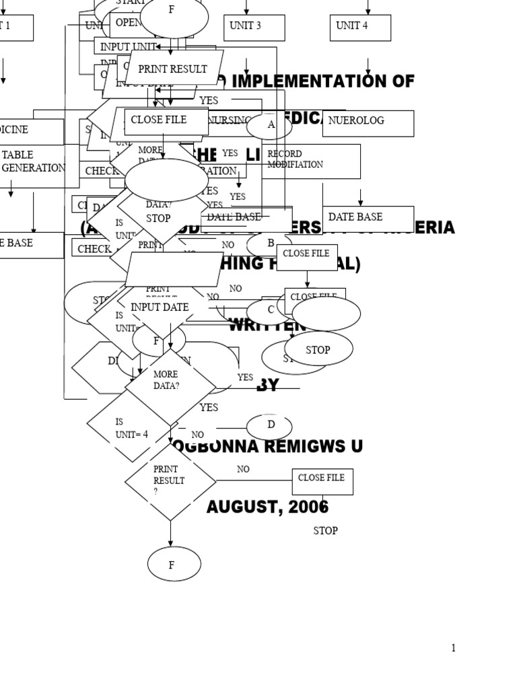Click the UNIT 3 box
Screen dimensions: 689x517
254,28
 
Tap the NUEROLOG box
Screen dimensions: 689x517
368,123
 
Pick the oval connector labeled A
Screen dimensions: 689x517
269,125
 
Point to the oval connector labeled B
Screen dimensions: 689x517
270,244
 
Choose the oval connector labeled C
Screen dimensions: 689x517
270,310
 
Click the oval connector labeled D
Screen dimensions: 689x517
270,425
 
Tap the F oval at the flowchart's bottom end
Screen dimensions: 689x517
174,564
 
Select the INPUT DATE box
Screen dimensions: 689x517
160,307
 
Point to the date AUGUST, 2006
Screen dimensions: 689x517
267,507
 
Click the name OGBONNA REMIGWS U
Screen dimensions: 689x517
268,446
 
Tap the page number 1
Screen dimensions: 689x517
453,648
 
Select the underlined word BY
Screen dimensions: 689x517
267,385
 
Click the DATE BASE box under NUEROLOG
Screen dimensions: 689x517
368,218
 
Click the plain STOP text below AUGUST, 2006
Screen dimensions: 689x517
325,531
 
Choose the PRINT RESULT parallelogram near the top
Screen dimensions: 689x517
172,69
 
